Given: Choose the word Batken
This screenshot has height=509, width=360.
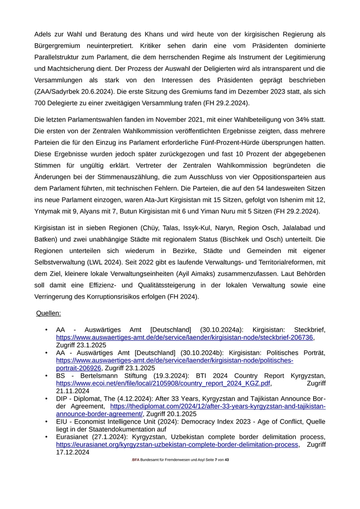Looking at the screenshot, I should coord(45,239).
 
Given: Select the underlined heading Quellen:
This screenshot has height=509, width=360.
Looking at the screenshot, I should coord(48,313).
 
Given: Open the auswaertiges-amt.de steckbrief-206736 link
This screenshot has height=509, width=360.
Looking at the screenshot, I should coord(184,337).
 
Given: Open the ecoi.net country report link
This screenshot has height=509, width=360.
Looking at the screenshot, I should coord(163,384).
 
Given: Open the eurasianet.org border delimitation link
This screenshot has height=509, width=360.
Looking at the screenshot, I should coord(177,445).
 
